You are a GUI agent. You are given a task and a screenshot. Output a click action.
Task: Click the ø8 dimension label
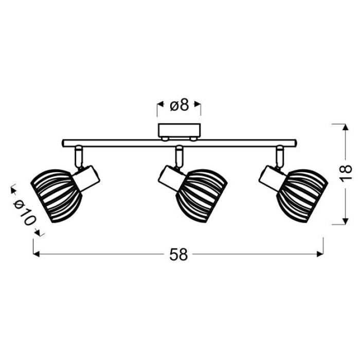coord(179,105)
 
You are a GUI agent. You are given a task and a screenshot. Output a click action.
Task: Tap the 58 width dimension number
coord(178,255)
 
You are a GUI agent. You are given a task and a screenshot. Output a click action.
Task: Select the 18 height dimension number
coord(345,173)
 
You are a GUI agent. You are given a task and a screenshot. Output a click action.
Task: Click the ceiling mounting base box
coord(179,131)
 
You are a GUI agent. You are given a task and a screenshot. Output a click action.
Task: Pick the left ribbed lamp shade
coord(56,196)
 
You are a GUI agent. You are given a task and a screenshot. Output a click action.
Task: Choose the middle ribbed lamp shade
coord(202,195)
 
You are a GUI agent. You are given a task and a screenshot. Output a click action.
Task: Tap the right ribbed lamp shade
coord(302,195)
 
